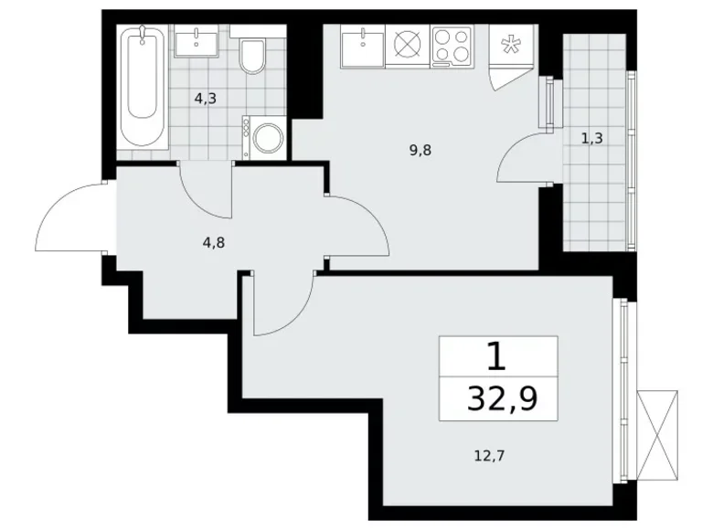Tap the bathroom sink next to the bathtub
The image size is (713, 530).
[195, 43]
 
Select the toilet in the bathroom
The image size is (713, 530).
[251, 56]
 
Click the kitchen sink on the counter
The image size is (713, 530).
[363, 45]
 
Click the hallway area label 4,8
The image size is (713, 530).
[213, 243]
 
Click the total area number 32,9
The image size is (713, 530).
[497, 397]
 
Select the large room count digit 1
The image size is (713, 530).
[496, 355]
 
